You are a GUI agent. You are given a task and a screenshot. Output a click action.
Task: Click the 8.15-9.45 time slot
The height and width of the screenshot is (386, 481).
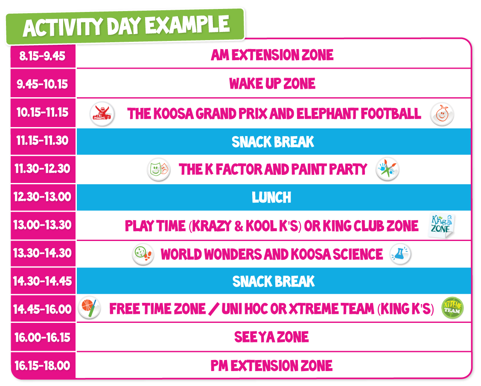[x=43, y=56]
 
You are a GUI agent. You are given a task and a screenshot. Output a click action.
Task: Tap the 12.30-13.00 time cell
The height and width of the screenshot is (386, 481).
[x=43, y=197]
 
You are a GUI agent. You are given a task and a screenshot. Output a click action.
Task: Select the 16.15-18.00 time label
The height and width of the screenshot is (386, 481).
[x=43, y=366]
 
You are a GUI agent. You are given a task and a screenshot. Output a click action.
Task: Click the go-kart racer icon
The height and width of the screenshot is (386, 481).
[x=102, y=114]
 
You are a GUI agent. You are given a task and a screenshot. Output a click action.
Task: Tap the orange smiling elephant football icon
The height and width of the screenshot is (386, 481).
[x=442, y=114]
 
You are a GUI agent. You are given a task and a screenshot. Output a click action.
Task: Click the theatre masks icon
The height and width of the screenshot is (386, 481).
[x=159, y=169]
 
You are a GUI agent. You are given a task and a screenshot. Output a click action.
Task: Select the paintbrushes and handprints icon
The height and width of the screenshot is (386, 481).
[x=388, y=169]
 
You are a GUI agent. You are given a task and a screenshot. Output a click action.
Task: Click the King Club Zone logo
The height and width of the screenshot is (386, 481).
[x=441, y=226]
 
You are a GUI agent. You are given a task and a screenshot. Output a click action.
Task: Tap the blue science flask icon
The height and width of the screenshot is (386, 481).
[x=400, y=254]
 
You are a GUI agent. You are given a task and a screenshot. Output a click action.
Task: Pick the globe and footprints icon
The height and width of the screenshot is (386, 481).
[x=143, y=254]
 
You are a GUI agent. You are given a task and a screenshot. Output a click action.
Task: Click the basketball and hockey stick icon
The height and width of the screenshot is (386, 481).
[x=89, y=308]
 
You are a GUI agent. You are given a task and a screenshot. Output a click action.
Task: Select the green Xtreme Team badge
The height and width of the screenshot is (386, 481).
[x=452, y=308]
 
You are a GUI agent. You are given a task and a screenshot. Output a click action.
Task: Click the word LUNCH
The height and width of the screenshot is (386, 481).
[x=271, y=197]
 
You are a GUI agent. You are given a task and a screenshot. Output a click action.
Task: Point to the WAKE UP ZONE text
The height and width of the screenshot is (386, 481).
[x=272, y=84]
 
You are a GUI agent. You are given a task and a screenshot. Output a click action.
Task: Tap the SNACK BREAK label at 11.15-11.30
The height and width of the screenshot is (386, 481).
[x=273, y=142]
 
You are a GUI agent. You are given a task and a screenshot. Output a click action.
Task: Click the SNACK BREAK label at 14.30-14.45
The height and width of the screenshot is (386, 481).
[x=274, y=281]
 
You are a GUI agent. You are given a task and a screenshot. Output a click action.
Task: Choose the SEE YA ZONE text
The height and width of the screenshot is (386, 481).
[x=271, y=337]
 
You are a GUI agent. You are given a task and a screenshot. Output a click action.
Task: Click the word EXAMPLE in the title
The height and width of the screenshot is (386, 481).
[x=187, y=25]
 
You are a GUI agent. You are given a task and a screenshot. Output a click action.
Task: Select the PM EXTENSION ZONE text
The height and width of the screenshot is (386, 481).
[x=271, y=366]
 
